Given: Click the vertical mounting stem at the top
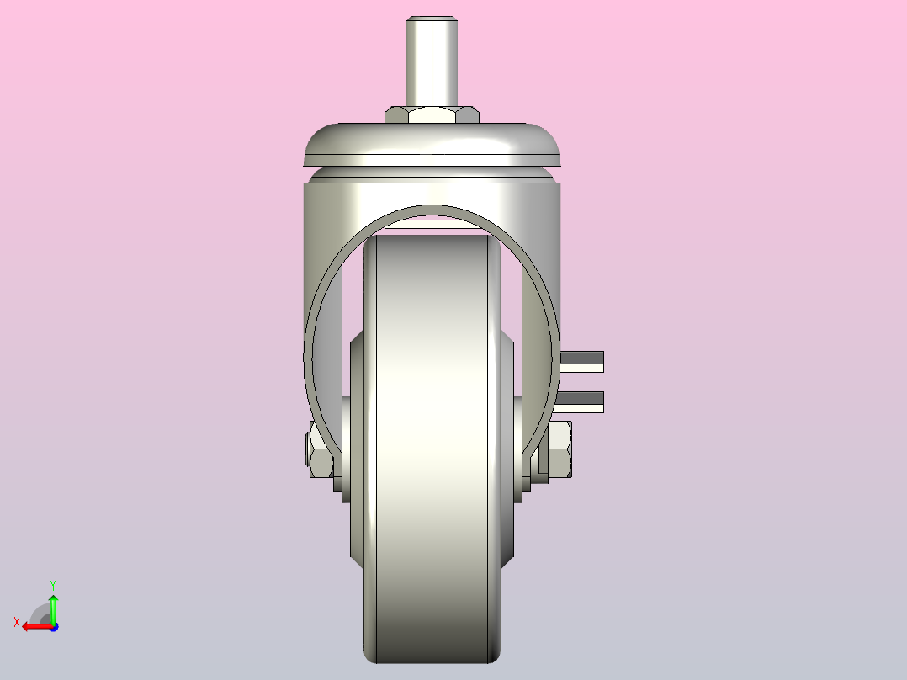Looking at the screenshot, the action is [x=432, y=61].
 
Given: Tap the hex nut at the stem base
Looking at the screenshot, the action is [x=432, y=114].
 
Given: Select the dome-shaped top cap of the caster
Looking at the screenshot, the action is [x=432, y=144].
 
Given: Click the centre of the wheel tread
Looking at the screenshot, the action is [x=432, y=449].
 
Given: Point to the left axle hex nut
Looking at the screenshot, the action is [x=320, y=449].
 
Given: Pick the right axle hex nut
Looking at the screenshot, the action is [x=559, y=449].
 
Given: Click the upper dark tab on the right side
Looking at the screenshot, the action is [x=582, y=362].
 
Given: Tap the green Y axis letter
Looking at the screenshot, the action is [x=53, y=586].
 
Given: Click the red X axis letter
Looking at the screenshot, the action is [x=17, y=623].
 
